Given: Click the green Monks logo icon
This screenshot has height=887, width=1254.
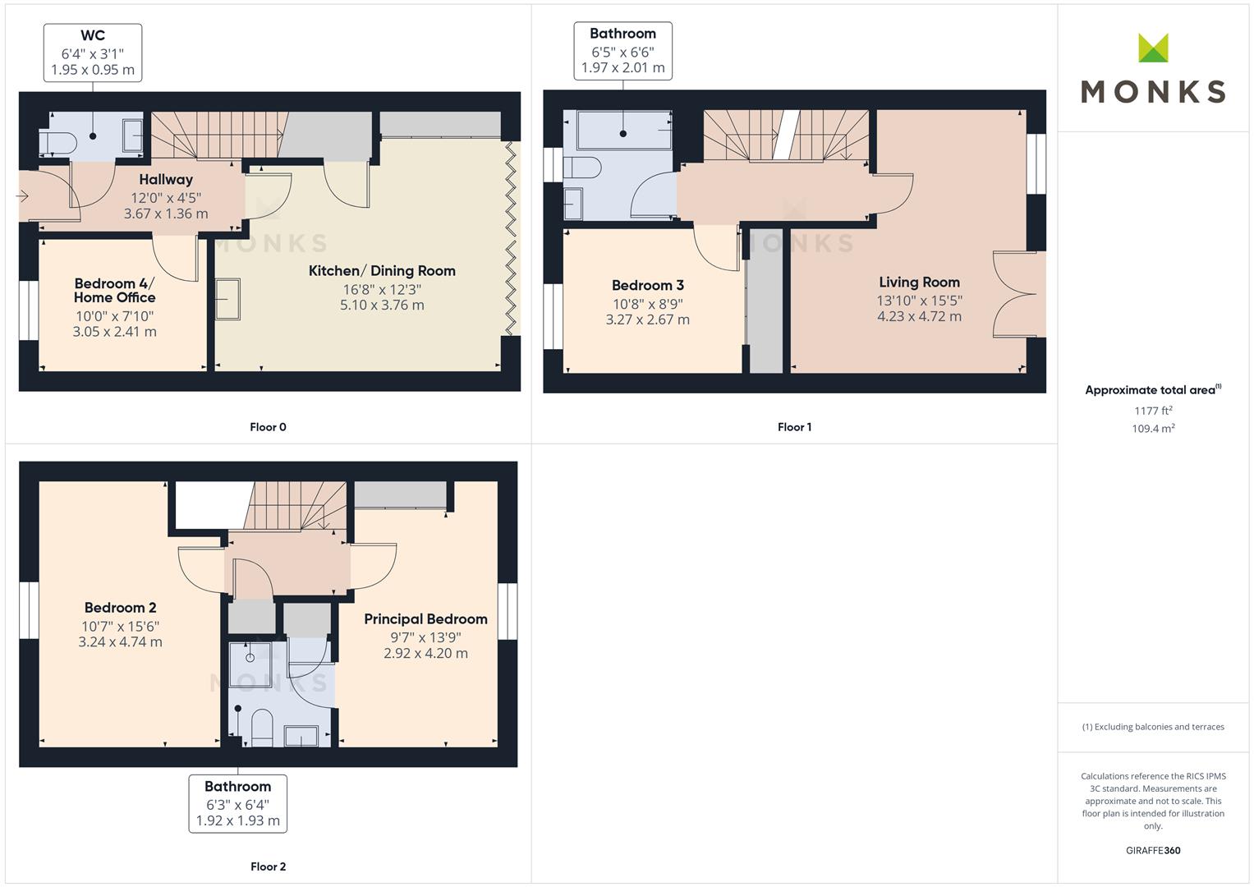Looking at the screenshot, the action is coord(1153,48).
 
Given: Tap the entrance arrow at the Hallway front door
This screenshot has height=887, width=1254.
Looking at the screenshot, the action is coord(22,196).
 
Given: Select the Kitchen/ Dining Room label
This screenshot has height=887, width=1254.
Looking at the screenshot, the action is coord(382,271).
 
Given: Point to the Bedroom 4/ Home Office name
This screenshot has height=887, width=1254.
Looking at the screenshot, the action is coord(115,290).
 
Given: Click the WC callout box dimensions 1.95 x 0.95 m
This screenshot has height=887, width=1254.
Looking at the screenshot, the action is coord(93,70).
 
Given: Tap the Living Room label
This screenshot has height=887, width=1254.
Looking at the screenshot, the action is coord(919,283).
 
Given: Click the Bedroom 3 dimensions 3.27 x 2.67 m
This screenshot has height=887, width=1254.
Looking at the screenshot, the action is coord(648,319).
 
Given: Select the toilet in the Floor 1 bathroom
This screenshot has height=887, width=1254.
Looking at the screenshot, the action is coord(581,167).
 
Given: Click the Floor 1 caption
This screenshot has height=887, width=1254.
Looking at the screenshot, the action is coord(794,427).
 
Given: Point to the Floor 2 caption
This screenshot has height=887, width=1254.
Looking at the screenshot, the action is coord(269,866).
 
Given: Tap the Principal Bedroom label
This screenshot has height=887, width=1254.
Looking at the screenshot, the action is coord(425,619).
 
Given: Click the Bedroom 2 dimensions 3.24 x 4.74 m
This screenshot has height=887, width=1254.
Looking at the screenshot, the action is coord(121,642).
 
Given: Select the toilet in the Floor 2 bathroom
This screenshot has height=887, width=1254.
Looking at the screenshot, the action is coord(261,728).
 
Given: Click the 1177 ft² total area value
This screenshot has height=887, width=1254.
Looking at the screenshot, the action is coord(1153,411).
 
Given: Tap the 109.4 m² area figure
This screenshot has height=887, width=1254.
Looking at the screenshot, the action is coord(1153,429).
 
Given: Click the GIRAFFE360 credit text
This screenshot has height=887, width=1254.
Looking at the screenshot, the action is coord(1153,851).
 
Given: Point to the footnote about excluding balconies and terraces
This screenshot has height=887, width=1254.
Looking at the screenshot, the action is coord(1153,727).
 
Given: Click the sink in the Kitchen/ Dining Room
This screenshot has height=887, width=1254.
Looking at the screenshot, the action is coord(227,299).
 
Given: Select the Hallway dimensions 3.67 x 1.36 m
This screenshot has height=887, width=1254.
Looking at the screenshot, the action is coord(166,214).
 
